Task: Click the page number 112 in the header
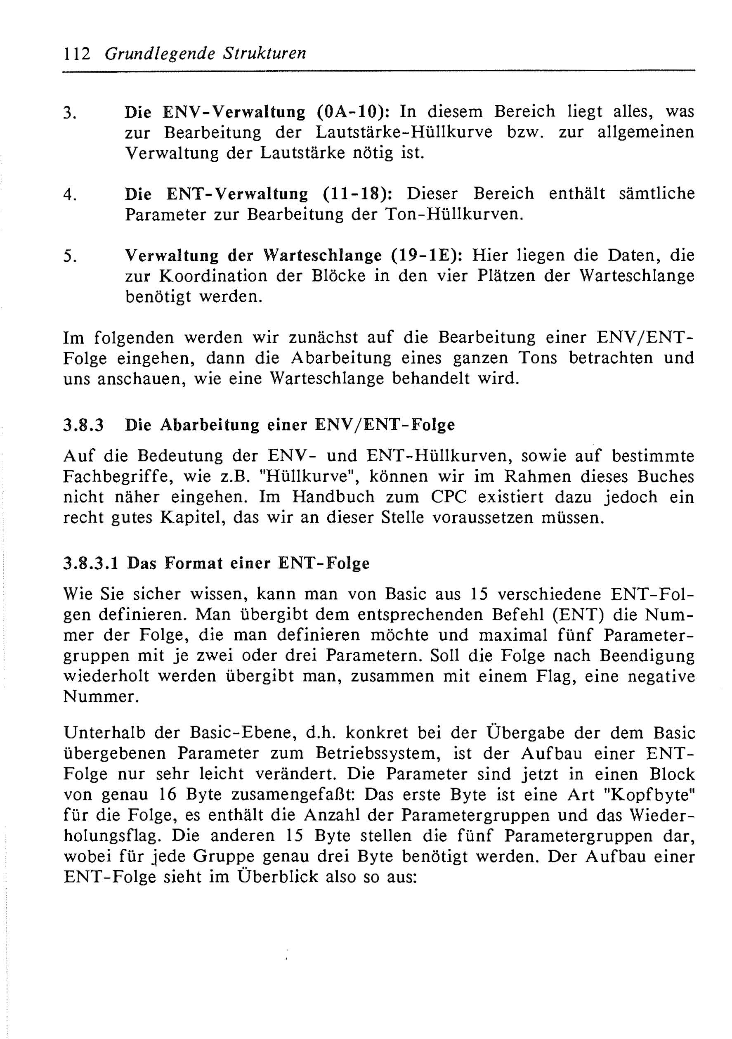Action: (77, 54)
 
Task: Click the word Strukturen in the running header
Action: (264, 54)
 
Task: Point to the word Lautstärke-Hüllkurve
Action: (404, 133)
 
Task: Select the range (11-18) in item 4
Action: (357, 194)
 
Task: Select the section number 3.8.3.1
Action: (91, 564)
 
